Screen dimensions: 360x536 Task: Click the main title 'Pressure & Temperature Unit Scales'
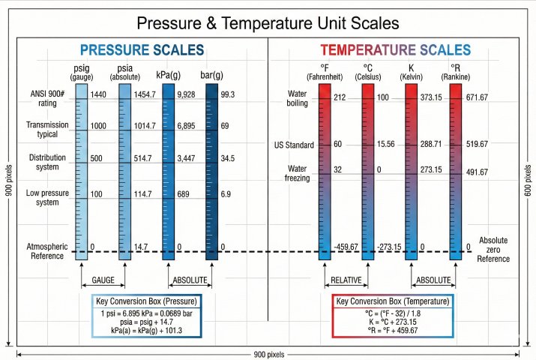pos(268,23)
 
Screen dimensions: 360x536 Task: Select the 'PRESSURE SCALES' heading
pos(142,50)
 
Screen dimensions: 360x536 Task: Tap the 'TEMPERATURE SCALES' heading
pos(395,50)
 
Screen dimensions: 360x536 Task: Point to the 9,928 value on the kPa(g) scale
pos(186,95)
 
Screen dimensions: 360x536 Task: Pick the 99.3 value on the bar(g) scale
pos(228,95)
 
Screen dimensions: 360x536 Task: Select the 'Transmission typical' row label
pos(47,129)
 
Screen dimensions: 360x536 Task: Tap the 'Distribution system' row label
pos(48,162)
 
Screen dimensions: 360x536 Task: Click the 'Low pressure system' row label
pos(48,198)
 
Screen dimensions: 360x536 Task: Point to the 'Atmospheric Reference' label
pos(48,250)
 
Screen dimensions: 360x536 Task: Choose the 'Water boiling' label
pos(298,98)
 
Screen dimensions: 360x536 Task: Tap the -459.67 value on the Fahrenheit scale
pos(346,247)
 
